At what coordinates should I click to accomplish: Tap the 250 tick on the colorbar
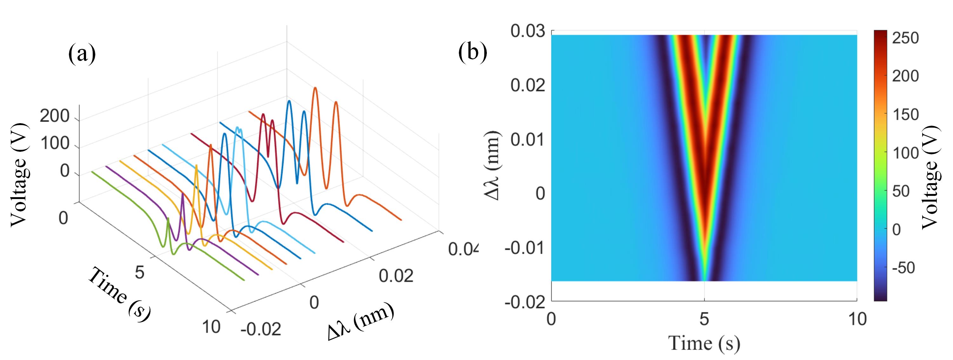(905, 38)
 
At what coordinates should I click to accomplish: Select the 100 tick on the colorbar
(905, 153)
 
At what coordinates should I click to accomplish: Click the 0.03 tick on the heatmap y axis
(527, 31)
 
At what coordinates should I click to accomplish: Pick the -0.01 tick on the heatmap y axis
(525, 248)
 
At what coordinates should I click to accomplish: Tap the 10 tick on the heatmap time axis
(856, 319)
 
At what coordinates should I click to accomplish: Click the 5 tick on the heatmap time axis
(704, 319)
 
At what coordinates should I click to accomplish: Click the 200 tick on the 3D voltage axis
(54, 117)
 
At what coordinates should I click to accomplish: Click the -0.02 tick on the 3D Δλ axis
(261, 329)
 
